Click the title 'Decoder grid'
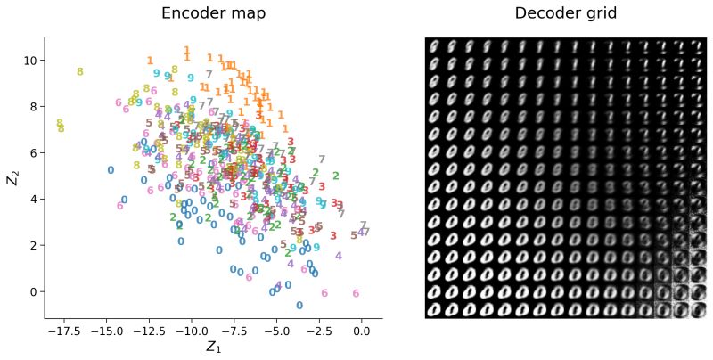coord(566,13)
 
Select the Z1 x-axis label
coord(213,346)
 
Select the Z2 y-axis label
coord(12,177)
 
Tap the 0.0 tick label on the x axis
coord(362,330)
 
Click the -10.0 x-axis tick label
coord(191,330)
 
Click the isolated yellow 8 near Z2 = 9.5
coord(80,72)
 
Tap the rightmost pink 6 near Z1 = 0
coord(356,293)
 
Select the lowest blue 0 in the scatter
coord(299,306)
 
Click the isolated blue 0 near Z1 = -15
coord(111,170)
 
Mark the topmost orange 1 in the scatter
coord(187,51)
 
